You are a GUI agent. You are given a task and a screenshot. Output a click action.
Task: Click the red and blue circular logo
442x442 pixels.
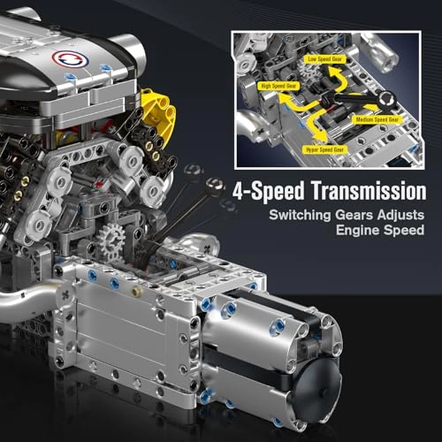click(x=64, y=58)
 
